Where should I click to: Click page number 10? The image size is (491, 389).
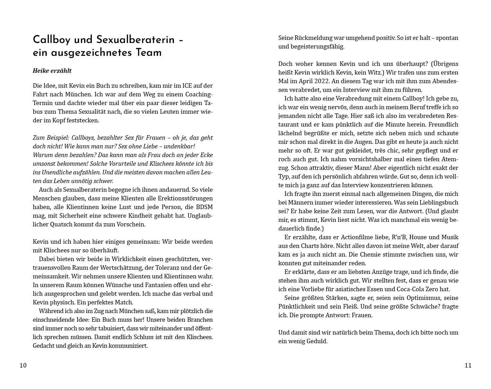coord(23,365)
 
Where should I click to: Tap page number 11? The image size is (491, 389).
coord(468,365)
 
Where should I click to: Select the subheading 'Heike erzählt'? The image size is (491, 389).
coord(52,71)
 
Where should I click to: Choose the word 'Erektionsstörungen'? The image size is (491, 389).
coord(185,198)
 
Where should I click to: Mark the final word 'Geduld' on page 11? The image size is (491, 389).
coord(317,341)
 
